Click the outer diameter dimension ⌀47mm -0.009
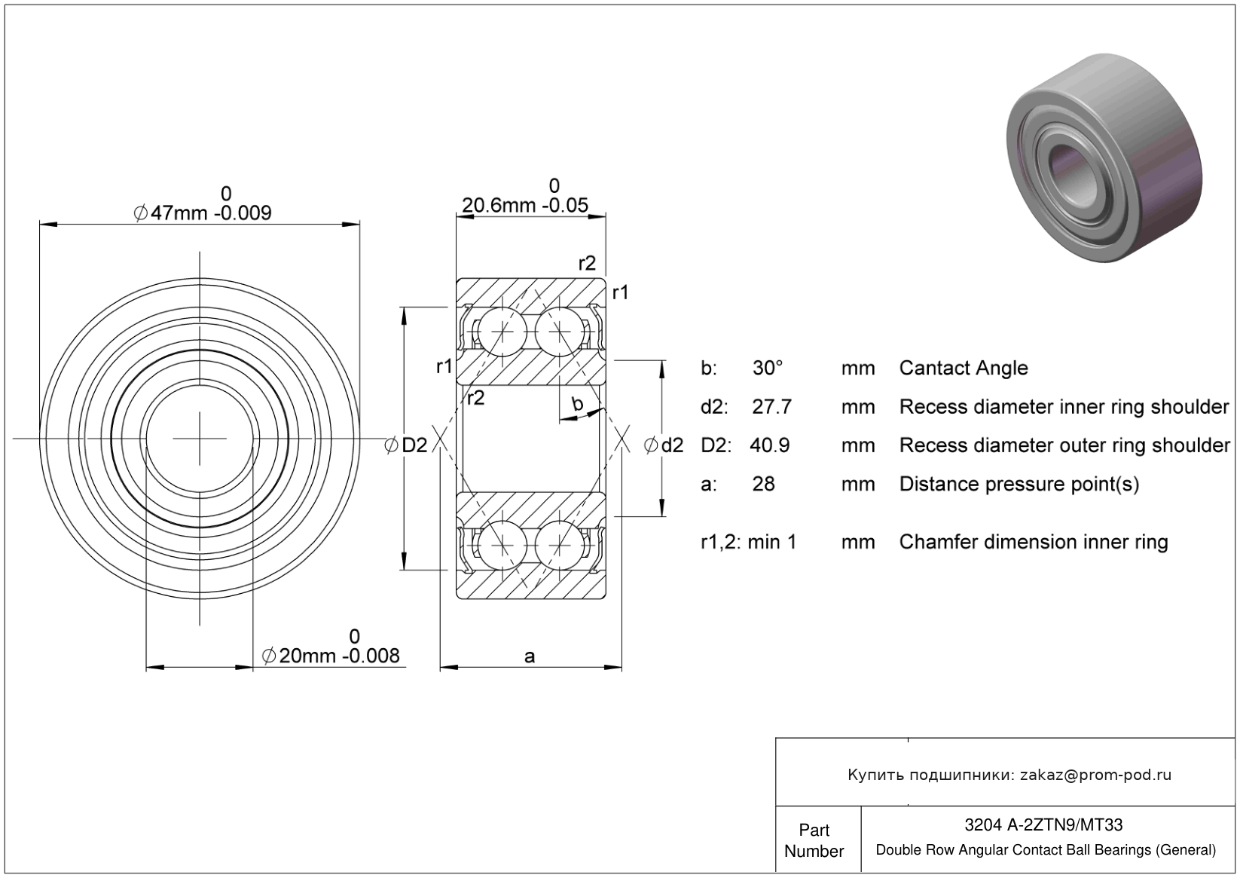pyautogui.click(x=202, y=213)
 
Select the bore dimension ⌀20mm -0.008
pyautogui.click(x=330, y=656)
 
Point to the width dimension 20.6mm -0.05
pyautogui.click(x=524, y=205)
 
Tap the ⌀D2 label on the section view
pyautogui.click(x=406, y=445)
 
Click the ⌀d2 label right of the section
pyautogui.click(x=664, y=445)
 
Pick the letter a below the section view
pyautogui.click(x=530, y=656)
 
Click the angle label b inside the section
pyautogui.click(x=578, y=404)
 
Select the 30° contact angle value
pyautogui.click(x=768, y=368)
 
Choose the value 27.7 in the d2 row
pyautogui.click(x=771, y=407)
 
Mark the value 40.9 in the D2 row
pyautogui.click(x=769, y=445)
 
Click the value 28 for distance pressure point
pyautogui.click(x=763, y=484)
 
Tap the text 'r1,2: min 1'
pyautogui.click(x=748, y=542)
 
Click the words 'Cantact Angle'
pyautogui.click(x=963, y=368)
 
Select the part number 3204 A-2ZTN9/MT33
pyautogui.click(x=1043, y=825)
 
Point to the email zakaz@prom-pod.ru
pyautogui.click(x=1095, y=775)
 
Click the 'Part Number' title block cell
pyautogui.click(x=814, y=840)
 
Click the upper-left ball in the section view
pyautogui.click(x=503, y=331)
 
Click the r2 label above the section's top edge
pyautogui.click(x=587, y=263)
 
